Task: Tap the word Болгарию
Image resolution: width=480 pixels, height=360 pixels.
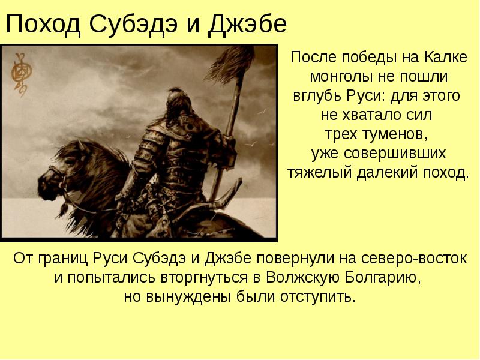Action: pyautogui.click(x=382, y=278)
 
